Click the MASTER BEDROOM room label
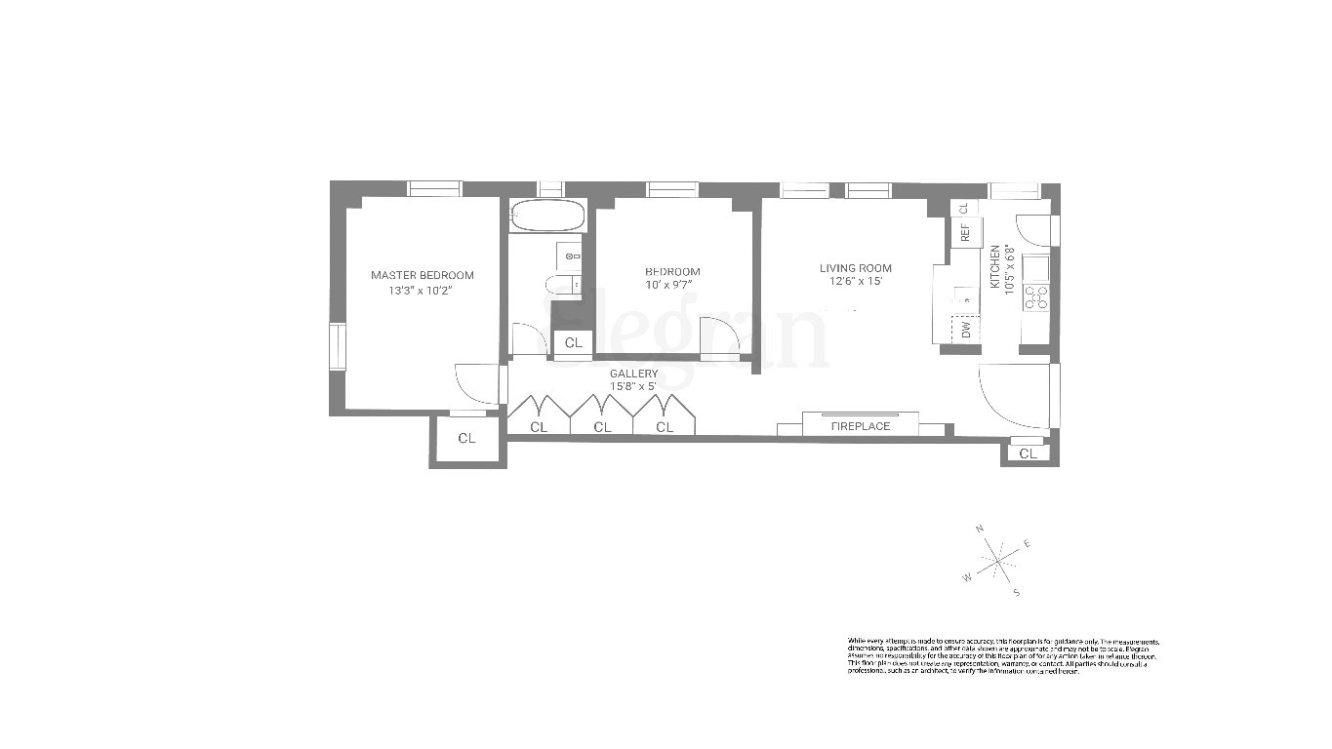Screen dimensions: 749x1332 coord(422,275)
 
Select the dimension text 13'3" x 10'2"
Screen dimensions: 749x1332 coord(422,290)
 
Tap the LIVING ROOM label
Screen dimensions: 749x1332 coord(855,268)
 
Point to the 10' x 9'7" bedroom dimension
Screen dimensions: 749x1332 coord(671,285)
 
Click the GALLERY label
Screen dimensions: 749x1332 coord(633,374)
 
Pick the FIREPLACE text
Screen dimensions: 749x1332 coord(860,426)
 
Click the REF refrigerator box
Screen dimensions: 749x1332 coord(965,232)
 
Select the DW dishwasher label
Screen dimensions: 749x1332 coord(966,331)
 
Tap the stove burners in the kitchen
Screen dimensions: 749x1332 coord(1035,297)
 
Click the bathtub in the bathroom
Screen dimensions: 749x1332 coord(546,217)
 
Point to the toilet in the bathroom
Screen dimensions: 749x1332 coord(561,285)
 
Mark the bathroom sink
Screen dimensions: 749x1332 coord(570,256)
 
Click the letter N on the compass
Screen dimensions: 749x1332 coord(980,529)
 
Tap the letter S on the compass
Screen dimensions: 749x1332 coord(1016,592)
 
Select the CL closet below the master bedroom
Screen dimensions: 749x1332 coord(466,439)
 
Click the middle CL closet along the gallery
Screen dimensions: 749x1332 coord(602,427)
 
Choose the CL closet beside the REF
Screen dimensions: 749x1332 coord(963,208)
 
